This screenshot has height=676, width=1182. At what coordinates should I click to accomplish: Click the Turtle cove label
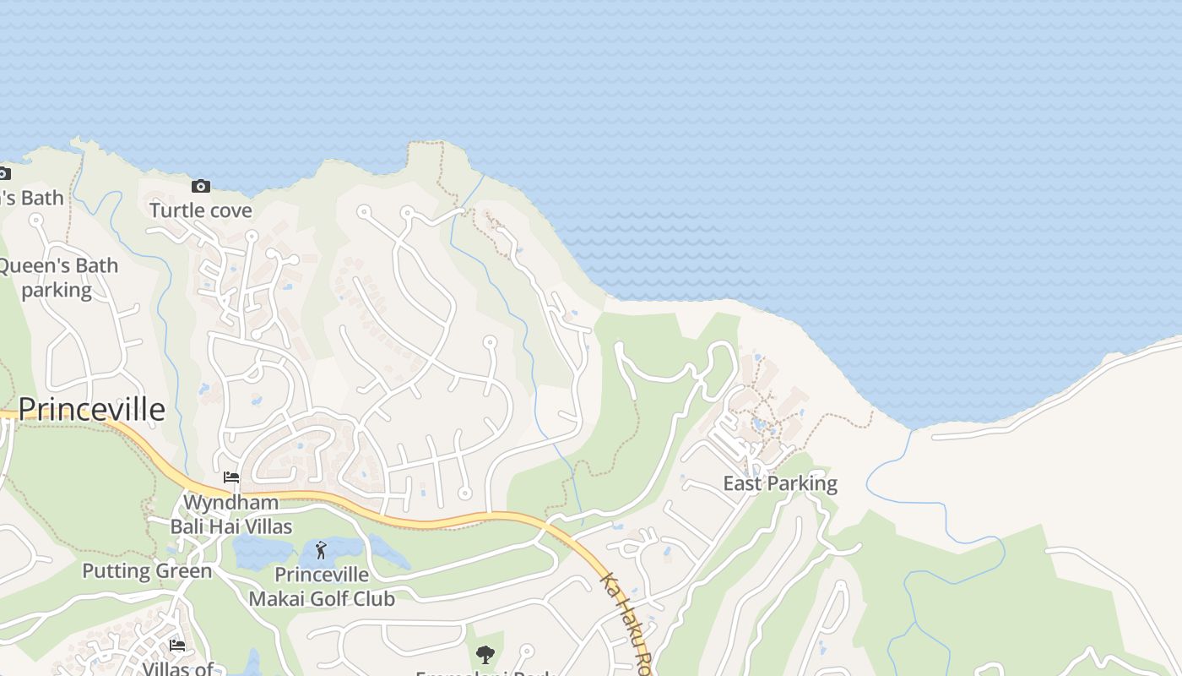pyautogui.click(x=201, y=210)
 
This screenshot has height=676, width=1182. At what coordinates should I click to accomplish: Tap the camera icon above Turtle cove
pyautogui.click(x=201, y=186)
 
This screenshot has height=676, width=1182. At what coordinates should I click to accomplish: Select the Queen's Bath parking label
pyautogui.click(x=57, y=277)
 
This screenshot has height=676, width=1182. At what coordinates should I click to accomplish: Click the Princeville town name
pyautogui.click(x=91, y=409)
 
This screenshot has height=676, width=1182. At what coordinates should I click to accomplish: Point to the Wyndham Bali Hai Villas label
pyautogui.click(x=231, y=515)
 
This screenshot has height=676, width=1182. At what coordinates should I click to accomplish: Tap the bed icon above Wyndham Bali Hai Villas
pyautogui.click(x=231, y=477)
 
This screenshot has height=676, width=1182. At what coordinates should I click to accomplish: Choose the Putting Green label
pyautogui.click(x=147, y=571)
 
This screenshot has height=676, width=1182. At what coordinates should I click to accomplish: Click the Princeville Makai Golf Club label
pyautogui.click(x=322, y=586)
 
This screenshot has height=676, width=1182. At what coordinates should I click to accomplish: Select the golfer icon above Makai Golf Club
pyautogui.click(x=321, y=551)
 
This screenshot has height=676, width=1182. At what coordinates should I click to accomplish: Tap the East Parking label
pyautogui.click(x=780, y=484)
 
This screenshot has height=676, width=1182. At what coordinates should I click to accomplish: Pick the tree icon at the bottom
pyautogui.click(x=485, y=654)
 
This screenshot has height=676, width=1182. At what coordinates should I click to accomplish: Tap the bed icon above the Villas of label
pyautogui.click(x=177, y=645)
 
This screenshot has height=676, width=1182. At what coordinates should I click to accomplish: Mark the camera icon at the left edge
pyautogui.click(x=4, y=174)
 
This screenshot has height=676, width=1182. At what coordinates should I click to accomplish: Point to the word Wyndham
pyautogui.click(x=230, y=503)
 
